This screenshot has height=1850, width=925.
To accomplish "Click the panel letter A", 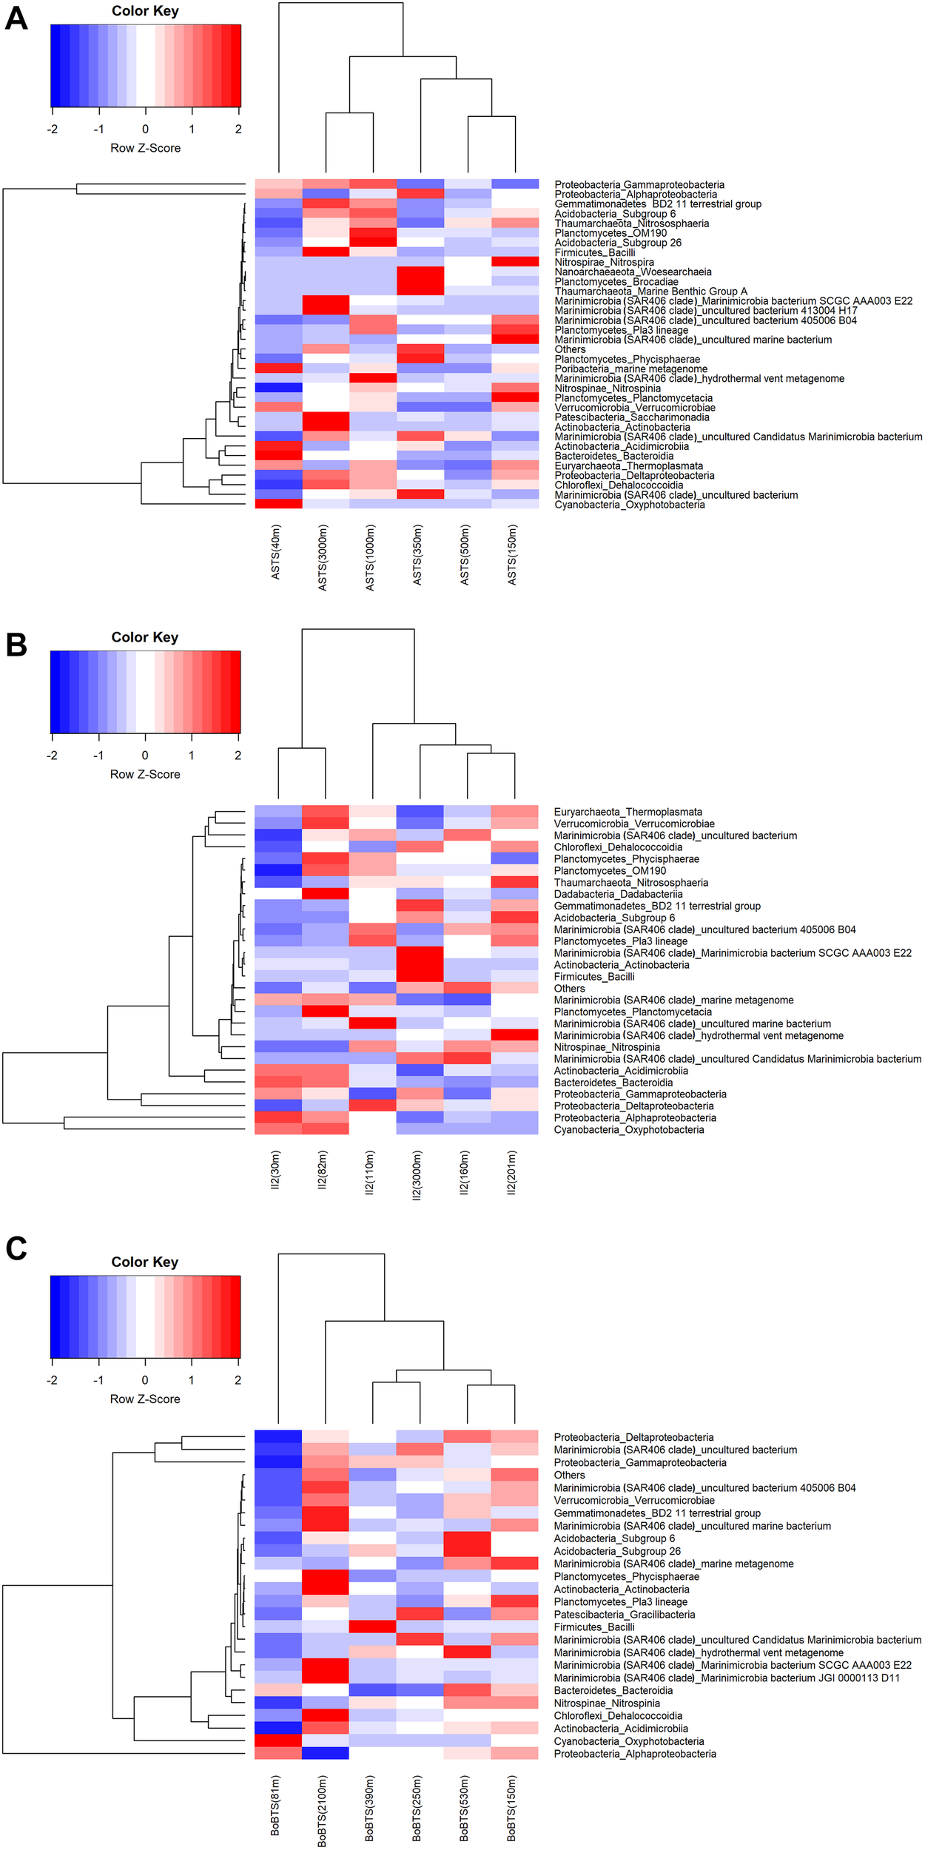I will click(x=16, y=18).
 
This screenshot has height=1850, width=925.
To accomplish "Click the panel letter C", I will click(x=16, y=1248).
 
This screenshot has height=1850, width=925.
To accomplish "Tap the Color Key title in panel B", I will click(x=145, y=637).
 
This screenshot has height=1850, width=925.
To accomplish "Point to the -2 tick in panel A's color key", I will click(x=53, y=129).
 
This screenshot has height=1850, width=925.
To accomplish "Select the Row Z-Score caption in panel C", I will click(x=145, y=1399).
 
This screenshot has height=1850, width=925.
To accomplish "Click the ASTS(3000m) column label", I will click(x=323, y=557).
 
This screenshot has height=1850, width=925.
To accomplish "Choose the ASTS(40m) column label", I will click(x=276, y=552).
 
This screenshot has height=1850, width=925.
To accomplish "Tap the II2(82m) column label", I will click(x=323, y=1169).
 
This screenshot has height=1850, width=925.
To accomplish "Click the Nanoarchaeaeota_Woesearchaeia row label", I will click(x=633, y=272).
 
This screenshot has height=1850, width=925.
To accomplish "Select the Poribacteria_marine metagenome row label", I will click(x=630, y=369).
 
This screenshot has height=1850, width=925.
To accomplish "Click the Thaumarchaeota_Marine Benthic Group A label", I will click(x=650, y=291).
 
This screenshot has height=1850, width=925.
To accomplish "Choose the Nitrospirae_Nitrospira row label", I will click(x=604, y=262).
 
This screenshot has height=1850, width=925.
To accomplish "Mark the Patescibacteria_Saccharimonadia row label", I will click(x=631, y=417).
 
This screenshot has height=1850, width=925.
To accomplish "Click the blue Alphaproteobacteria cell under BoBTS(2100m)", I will click(x=325, y=1753).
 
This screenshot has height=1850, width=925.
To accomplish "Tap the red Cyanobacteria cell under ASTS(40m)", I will click(x=278, y=504).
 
